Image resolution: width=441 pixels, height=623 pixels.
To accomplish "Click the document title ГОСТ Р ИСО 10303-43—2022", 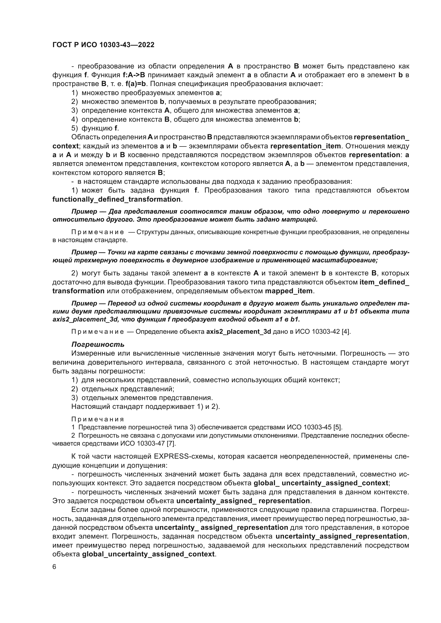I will [x=103, y=45].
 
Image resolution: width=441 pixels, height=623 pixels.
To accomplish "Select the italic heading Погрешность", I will [x=98, y=345].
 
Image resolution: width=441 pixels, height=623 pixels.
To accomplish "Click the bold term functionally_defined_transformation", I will [x=117, y=199].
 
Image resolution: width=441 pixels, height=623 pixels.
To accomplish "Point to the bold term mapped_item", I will [x=288, y=291].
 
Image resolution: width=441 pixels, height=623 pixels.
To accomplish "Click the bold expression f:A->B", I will [x=134, y=75].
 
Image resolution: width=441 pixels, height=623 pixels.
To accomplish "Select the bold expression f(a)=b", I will [x=136, y=84].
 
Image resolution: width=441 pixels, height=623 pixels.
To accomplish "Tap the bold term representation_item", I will [x=306, y=146].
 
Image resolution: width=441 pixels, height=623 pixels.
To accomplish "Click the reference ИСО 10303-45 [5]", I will [x=315, y=427].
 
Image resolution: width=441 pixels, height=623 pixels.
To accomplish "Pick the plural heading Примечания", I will [x=98, y=419].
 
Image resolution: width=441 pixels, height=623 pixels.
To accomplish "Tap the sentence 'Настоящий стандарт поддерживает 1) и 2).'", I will [x=145, y=406].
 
